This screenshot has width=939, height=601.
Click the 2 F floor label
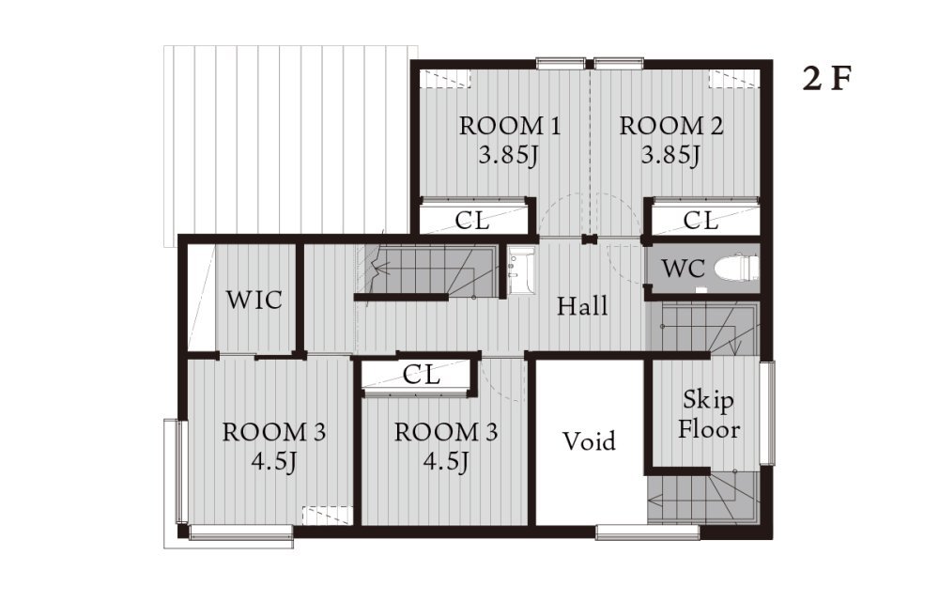coord(827,79)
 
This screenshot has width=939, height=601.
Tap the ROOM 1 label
coord(510,127)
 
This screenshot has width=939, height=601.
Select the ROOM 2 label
coord(670,127)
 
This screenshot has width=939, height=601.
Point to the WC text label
coord(683,269)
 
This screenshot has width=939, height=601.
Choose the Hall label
coord(582,306)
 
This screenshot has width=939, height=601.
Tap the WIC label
coord(254,300)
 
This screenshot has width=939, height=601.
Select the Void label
coord(590,441)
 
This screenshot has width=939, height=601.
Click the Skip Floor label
coord(708,414)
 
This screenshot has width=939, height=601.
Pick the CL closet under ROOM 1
coord(473,220)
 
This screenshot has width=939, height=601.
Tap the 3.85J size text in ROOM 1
coord(508,156)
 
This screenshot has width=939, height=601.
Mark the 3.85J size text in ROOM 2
coord(670,156)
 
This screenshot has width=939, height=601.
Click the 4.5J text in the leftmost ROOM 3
coord(273,461)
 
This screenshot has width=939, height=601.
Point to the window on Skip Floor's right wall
coord(767,413)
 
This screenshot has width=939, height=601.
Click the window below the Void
coord(648,532)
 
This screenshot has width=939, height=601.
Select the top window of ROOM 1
coord(561,64)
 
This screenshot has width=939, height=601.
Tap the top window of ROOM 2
coord(619,64)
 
